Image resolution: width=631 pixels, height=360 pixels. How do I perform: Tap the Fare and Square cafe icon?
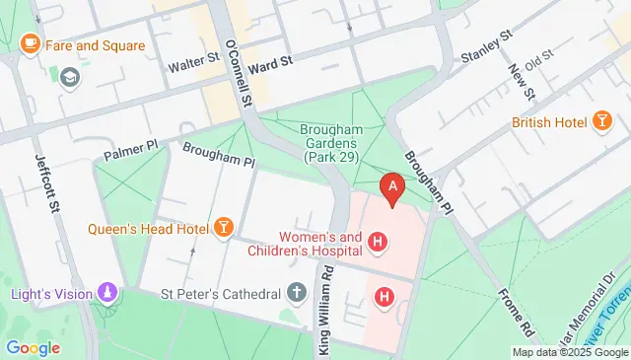[x=30, y=45]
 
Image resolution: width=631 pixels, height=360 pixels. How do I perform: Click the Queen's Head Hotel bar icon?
[x=224, y=229]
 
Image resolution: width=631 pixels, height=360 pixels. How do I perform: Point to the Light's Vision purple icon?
[x=106, y=293]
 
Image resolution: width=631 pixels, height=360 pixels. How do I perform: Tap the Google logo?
[x=33, y=347]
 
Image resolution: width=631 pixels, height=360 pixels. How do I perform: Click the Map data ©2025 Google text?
[x=570, y=352]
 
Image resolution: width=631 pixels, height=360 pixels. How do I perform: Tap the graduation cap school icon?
[x=69, y=76]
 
